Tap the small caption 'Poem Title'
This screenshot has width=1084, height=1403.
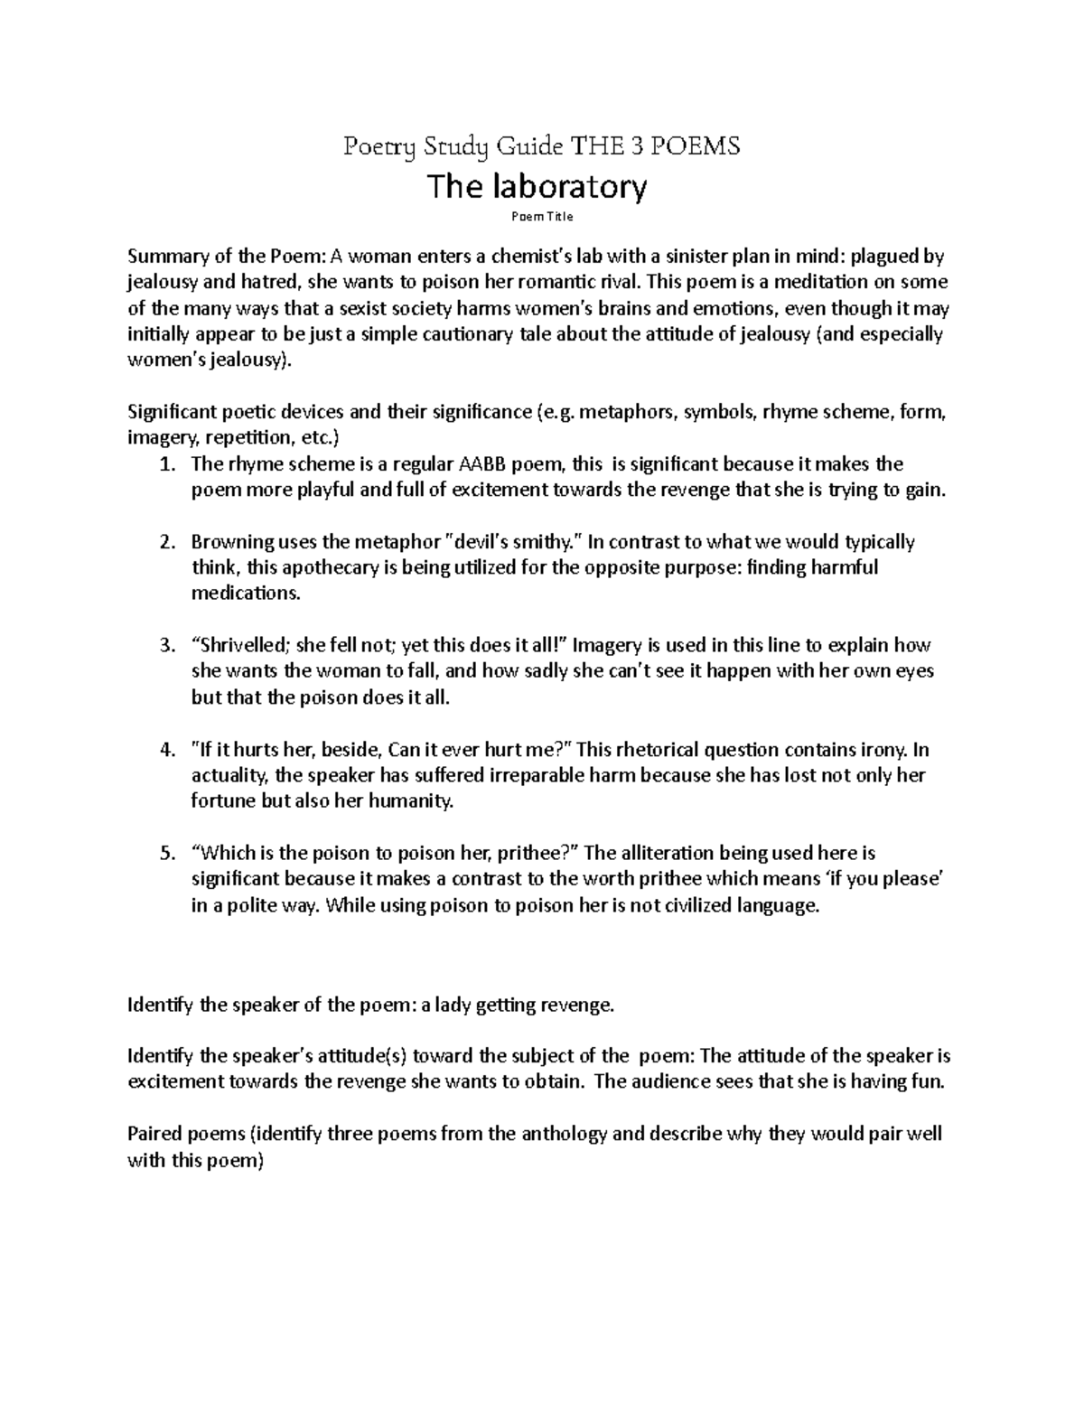tap(542, 217)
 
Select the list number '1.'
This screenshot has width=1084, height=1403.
tap(166, 465)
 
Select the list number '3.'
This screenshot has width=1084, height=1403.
tap(166, 647)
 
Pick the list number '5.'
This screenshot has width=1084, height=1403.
tap(166, 854)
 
